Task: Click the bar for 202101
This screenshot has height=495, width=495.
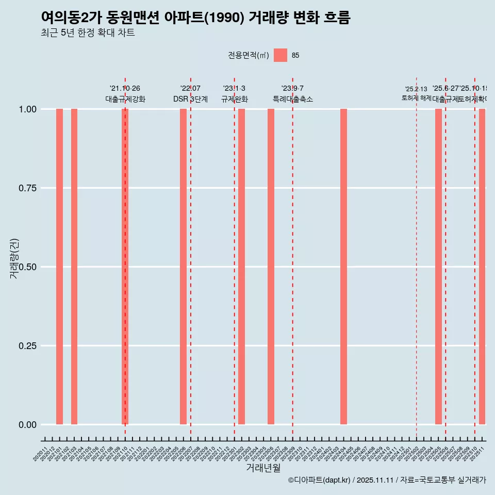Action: (x=59, y=267)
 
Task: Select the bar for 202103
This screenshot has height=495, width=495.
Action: (x=74, y=267)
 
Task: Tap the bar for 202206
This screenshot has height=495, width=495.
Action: (x=183, y=267)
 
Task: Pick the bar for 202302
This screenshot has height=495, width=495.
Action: (x=241, y=267)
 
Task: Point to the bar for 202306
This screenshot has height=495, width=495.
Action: (x=271, y=267)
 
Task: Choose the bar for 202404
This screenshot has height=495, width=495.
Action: (x=343, y=267)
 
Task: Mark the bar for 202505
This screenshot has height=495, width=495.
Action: (x=438, y=267)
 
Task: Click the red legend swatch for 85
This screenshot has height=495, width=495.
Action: (x=280, y=55)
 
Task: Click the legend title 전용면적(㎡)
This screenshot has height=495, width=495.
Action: (x=248, y=55)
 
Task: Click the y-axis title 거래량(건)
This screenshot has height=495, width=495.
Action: (x=14, y=259)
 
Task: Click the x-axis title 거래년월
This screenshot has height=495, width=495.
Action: (x=263, y=468)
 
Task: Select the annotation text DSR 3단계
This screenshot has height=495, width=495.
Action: (x=190, y=99)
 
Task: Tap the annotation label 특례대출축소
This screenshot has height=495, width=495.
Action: (x=293, y=99)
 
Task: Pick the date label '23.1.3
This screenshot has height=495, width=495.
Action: (x=234, y=89)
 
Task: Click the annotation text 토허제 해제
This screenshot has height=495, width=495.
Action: (x=417, y=98)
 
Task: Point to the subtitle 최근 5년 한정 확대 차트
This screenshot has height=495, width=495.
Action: (x=88, y=33)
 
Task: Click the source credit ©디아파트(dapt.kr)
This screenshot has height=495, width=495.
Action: (x=320, y=480)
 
